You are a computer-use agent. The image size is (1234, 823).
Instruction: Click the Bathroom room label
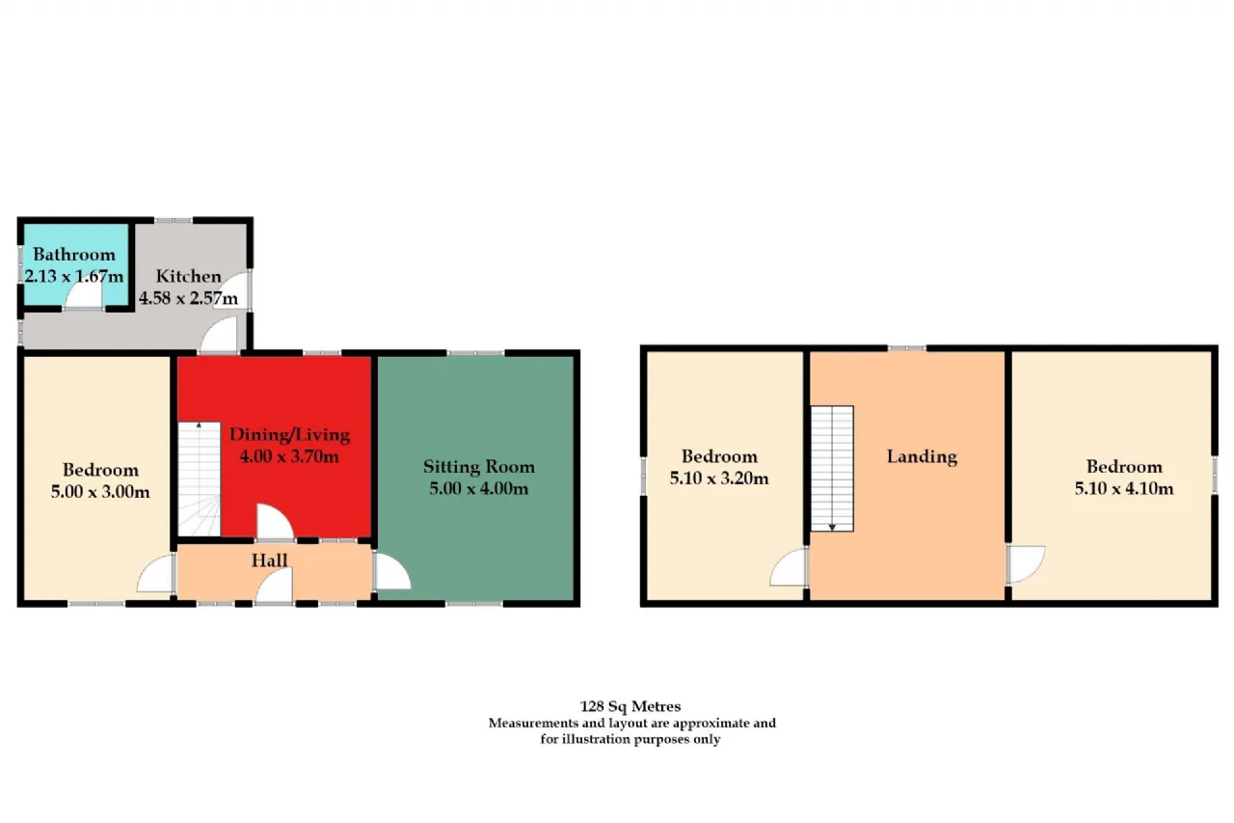[x=74, y=255]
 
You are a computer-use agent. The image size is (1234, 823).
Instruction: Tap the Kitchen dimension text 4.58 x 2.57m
[x=188, y=298]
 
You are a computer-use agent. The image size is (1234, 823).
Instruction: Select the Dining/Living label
[x=290, y=435]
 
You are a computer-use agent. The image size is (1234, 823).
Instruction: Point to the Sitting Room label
[x=479, y=467]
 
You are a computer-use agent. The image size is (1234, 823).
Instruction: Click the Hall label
[x=269, y=561]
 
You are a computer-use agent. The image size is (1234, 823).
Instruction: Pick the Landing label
[x=923, y=457]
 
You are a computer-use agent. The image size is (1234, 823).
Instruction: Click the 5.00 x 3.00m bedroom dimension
[x=100, y=492]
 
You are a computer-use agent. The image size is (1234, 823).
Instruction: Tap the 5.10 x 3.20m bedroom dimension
[x=719, y=478]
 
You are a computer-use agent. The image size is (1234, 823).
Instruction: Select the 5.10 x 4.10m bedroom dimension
[x=1124, y=488]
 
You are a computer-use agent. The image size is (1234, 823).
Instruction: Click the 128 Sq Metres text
[x=630, y=706]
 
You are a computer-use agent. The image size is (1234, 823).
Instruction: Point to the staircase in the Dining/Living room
[x=199, y=479]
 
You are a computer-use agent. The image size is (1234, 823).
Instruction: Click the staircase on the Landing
[x=832, y=469]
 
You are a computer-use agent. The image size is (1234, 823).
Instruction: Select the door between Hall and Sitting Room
[x=392, y=571]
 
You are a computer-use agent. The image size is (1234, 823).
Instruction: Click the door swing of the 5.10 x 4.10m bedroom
[x=1026, y=563]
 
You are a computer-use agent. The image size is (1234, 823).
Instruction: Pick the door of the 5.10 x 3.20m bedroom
[x=789, y=567]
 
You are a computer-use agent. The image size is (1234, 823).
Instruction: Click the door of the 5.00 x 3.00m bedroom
[x=156, y=574]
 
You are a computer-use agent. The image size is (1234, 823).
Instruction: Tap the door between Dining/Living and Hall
[x=275, y=521]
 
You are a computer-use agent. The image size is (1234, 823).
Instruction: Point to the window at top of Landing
[x=907, y=348]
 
